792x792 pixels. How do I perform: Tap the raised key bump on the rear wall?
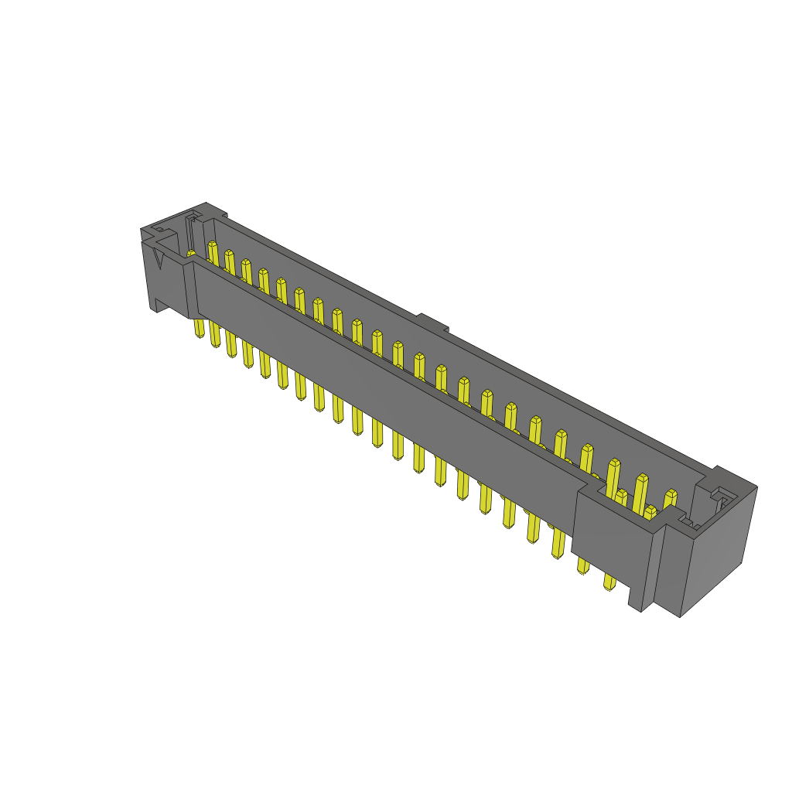(432, 322)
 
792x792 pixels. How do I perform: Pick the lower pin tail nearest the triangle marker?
(200, 328)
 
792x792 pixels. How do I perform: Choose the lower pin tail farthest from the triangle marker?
(609, 581)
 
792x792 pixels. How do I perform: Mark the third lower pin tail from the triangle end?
(231, 347)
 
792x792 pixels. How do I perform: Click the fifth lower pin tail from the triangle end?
(265, 368)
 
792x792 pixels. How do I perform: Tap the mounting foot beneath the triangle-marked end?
(159, 306)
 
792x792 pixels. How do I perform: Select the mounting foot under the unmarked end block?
(635, 599)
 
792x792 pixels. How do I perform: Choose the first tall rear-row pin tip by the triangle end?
(213, 245)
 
